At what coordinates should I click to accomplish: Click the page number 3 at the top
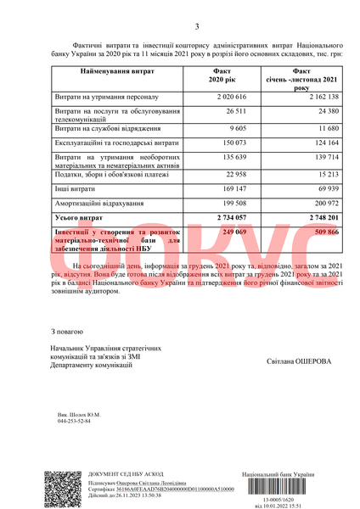196,26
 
